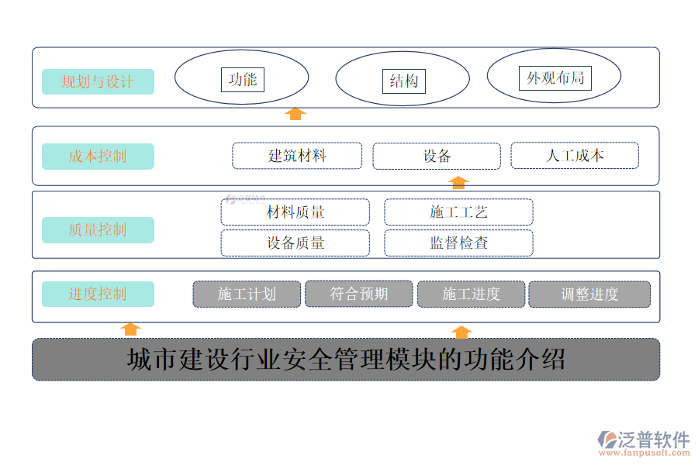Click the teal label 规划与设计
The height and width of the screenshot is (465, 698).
tap(98, 81)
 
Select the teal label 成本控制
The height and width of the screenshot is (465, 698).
tap(98, 157)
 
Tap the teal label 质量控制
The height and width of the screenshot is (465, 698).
tap(98, 230)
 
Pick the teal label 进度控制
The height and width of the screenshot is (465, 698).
tap(98, 294)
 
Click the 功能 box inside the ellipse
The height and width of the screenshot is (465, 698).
tap(243, 80)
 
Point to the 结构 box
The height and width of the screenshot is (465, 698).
tap(404, 81)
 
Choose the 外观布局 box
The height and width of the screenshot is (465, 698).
tap(555, 77)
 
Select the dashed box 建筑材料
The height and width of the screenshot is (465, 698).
tap(297, 156)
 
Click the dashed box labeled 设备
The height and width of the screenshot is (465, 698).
tap(437, 157)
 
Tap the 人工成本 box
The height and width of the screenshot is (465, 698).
tap(575, 155)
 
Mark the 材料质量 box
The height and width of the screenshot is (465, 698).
tap(295, 212)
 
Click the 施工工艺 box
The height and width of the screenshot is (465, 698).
tap(458, 212)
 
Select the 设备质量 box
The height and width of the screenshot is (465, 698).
tap(295, 243)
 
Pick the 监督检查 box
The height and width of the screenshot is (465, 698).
tap(458, 243)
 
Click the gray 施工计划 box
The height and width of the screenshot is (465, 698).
tap(247, 294)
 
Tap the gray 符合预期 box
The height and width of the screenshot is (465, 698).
tap(359, 294)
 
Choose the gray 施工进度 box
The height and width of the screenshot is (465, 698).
tap(472, 294)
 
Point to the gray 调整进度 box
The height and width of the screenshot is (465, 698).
tap(589, 294)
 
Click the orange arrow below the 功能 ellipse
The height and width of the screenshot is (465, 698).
tap(295, 114)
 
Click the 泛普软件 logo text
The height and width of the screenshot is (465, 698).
tap(654, 439)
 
